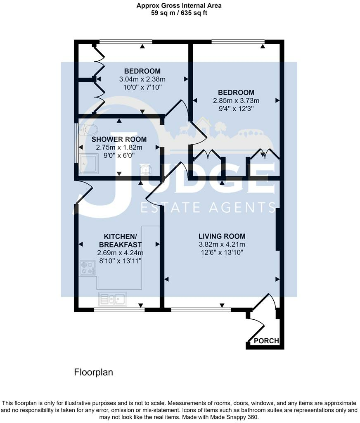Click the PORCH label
pos(266,341)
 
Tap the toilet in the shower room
pos(88,129)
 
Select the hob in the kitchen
pos(88,268)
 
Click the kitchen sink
pos(112,299)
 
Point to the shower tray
pos(89,164)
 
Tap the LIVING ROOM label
pos(222,236)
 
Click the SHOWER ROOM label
pos(119,139)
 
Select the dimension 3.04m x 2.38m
pos(142,79)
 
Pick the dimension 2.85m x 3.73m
pos(236,101)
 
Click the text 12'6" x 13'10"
pos(222,252)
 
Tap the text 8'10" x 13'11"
pos(120,261)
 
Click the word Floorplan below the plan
pos(93,372)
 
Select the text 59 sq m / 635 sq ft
pos(179,13)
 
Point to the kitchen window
pos(119,310)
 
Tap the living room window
pos(201,310)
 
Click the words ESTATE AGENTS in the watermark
pos(208,207)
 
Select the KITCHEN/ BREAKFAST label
pos(120,241)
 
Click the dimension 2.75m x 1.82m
pos(119,147)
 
